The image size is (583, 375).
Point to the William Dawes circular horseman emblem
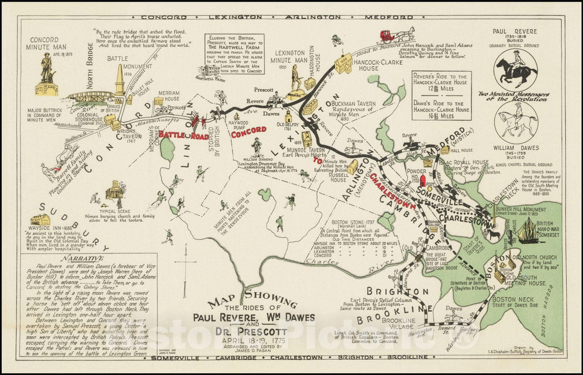[516, 122]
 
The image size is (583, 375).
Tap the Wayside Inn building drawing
[41, 220]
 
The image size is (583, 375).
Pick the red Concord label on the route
[248, 130]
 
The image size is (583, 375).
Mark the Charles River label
[324, 263]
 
